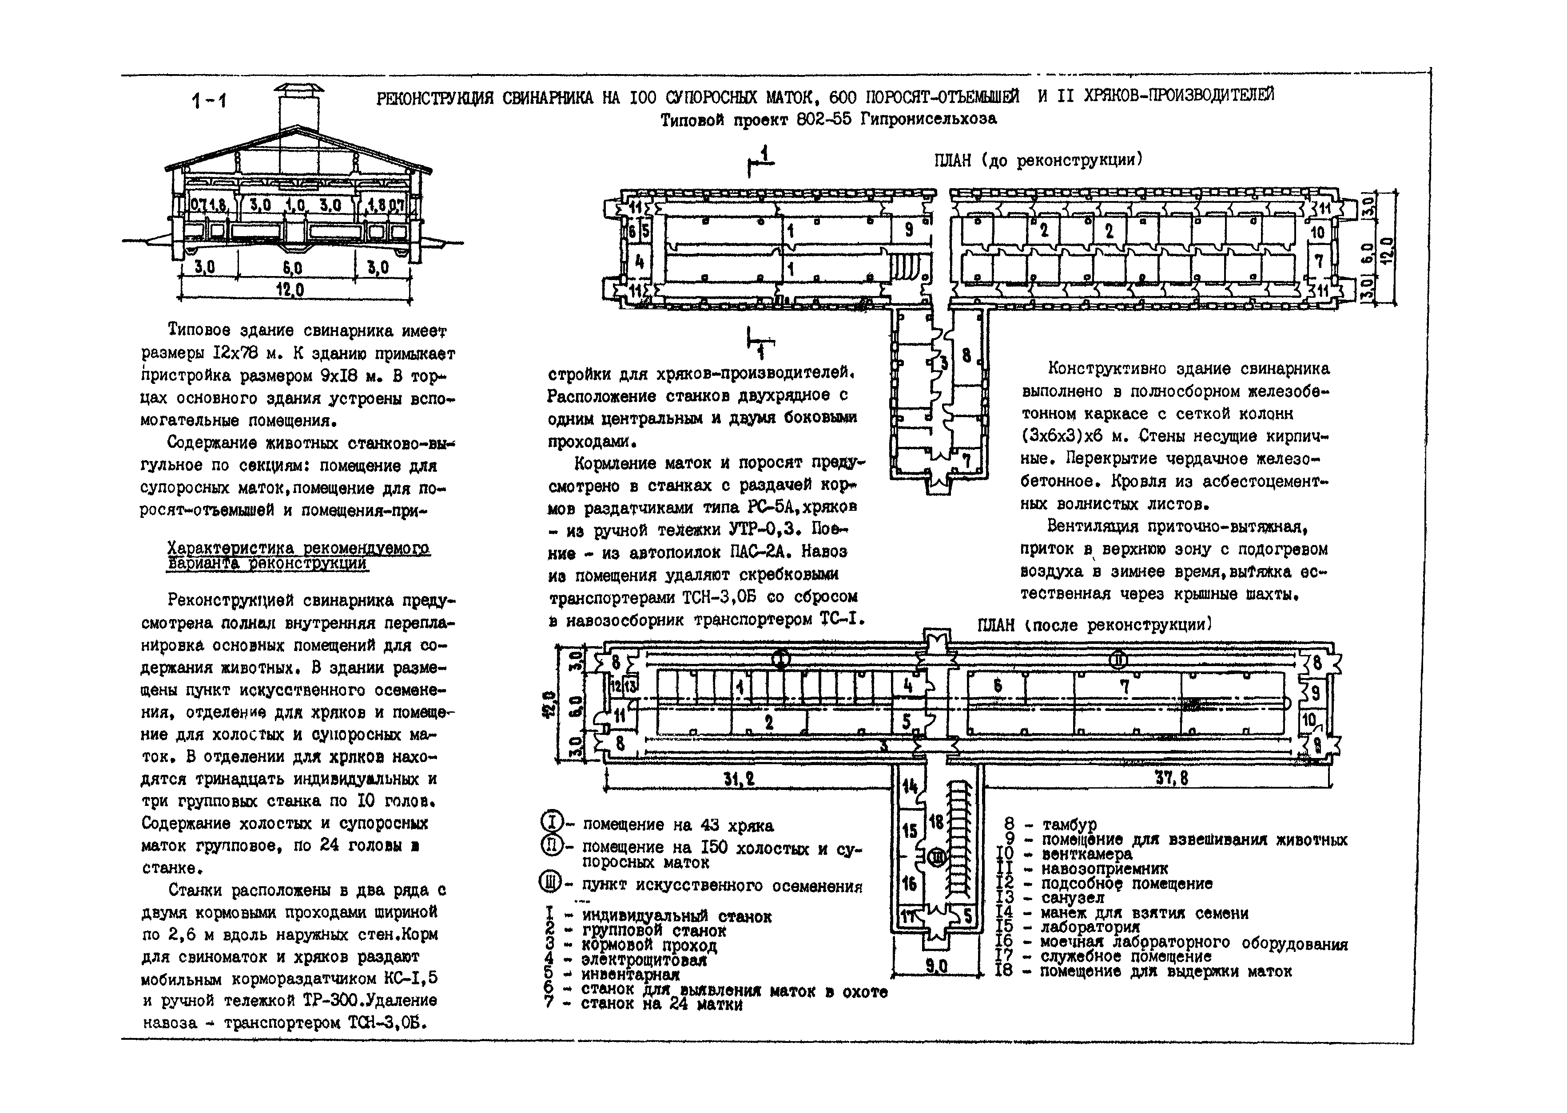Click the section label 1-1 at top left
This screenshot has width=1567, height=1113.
coord(209,102)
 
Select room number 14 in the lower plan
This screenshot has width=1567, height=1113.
coord(909,785)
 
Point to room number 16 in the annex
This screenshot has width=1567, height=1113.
coord(909,883)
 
